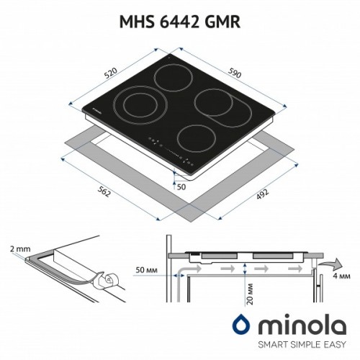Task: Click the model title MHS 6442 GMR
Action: pyautogui.click(x=180, y=22)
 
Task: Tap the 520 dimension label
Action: pyautogui.click(x=111, y=73)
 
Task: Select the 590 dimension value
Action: pyautogui.click(x=234, y=73)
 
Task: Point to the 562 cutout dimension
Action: pyautogui.click(x=104, y=192)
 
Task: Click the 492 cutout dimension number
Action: pyautogui.click(x=262, y=194)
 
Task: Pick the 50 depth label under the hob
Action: pyautogui.click(x=181, y=186)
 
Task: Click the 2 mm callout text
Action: pyautogui.click(x=20, y=249)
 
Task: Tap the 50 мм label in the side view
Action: pyautogui.click(x=147, y=270)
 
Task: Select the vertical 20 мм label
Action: pyautogui.click(x=250, y=294)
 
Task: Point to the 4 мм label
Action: pyautogui.click(x=341, y=276)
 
